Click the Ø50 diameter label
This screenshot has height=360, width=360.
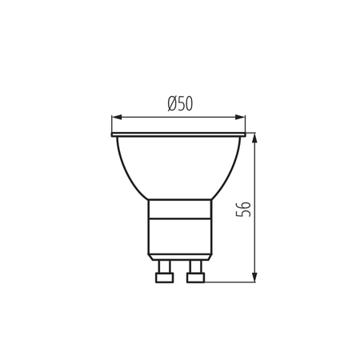180,102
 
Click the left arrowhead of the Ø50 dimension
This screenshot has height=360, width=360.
114,115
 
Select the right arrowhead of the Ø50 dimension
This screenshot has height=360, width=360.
245,115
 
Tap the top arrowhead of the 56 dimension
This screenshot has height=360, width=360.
254,136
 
